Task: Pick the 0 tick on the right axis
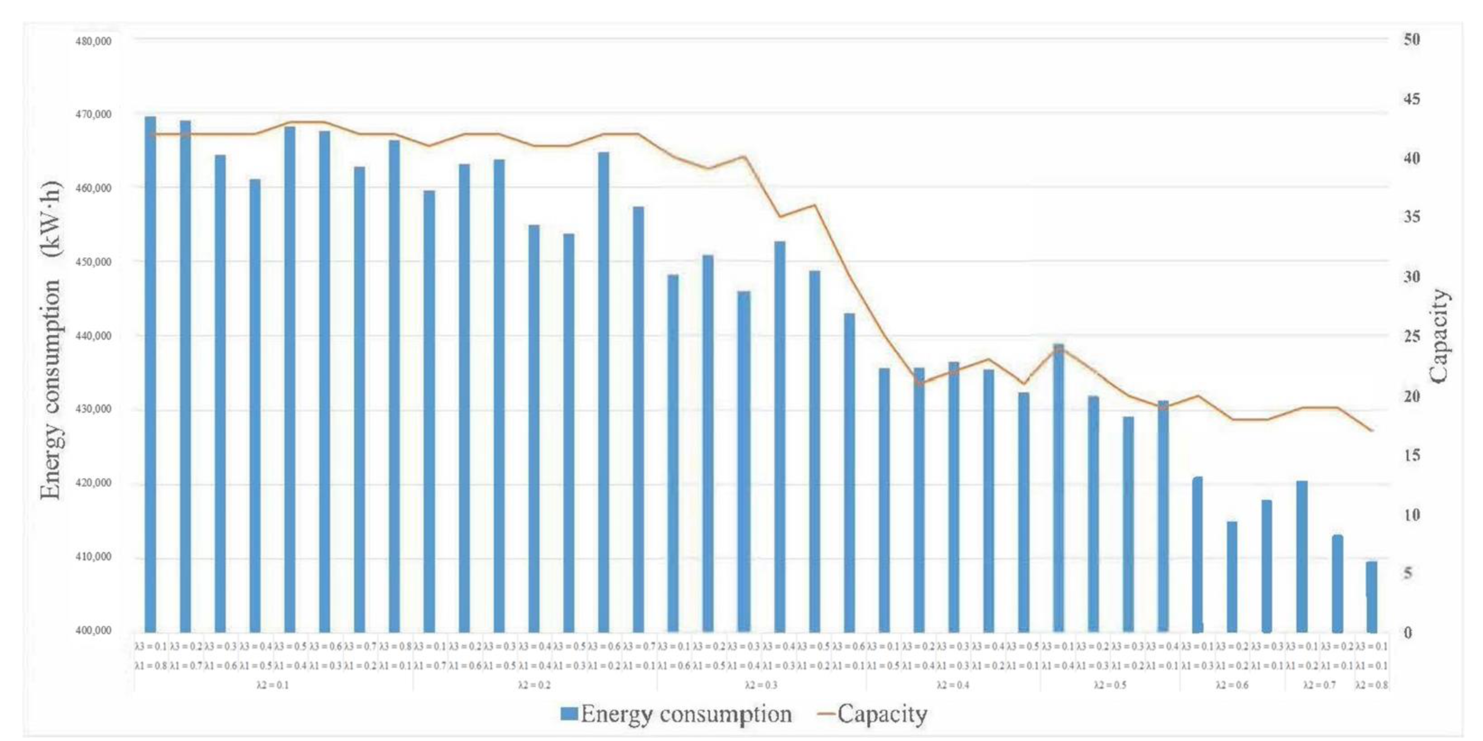1408,632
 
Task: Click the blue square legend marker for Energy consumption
569,714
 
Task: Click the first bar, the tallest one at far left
150,374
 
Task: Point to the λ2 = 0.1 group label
273,685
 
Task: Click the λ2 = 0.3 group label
761,685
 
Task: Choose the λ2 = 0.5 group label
1109,685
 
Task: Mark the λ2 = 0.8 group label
1371,685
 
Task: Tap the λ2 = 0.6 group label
1232,685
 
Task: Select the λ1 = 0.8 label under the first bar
150,666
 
